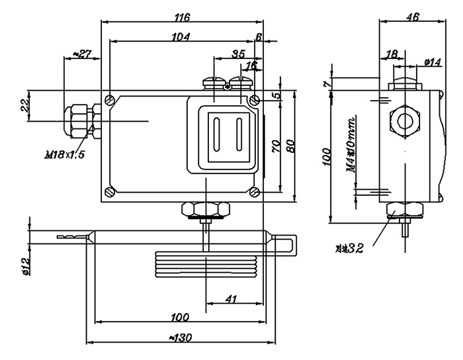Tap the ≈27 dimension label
[80, 53]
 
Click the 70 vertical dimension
[276, 146]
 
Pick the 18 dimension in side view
[391, 52]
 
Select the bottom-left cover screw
[108, 193]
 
